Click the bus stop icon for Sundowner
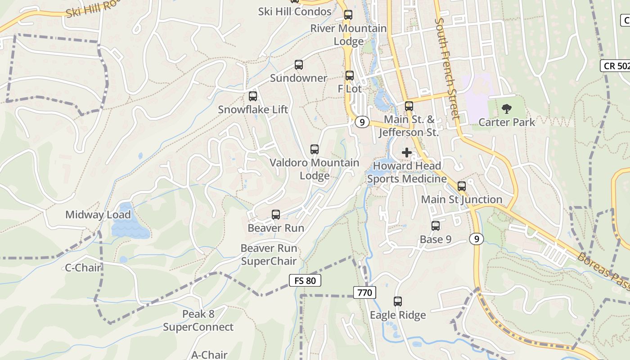point(299,65)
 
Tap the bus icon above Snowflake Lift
point(253,96)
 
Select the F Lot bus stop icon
point(350,76)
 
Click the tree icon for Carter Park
point(507,108)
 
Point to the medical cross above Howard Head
point(407,153)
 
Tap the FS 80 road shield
point(305,281)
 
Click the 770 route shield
point(364,292)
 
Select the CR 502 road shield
point(616,66)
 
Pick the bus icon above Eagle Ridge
point(398,301)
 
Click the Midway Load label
point(98,215)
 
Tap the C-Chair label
point(83,268)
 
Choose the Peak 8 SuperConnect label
point(198,320)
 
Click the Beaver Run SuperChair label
point(269,255)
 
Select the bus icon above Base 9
point(436,226)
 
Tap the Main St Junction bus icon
point(462,186)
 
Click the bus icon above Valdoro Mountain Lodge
point(315,149)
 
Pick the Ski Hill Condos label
point(295,12)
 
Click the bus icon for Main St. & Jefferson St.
point(409,106)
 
